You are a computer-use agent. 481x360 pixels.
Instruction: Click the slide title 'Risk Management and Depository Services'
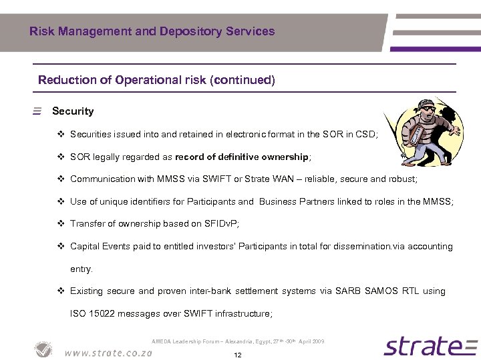[x=152, y=31]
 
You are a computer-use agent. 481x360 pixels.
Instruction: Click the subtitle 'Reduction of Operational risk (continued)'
[x=156, y=80]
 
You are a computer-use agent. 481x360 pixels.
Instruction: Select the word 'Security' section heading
[x=73, y=111]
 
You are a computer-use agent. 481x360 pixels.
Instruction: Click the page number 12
[x=238, y=355]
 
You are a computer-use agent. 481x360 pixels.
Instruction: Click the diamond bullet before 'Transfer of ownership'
[x=61, y=224]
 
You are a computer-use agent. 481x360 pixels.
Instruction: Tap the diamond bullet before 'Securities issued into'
[x=61, y=134]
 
